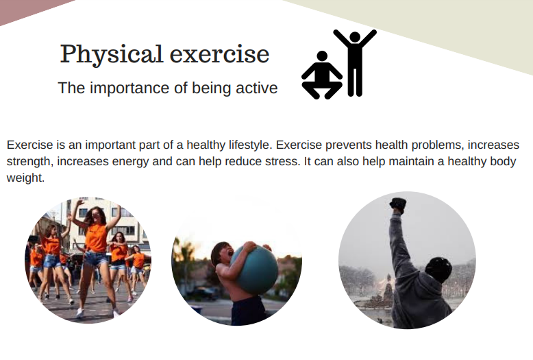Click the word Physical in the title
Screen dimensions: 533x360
[111, 54]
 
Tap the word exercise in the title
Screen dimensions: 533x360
[220, 54]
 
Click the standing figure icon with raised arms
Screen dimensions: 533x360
[355, 63]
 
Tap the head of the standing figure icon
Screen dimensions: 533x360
[355, 38]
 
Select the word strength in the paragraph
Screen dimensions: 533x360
[30, 162]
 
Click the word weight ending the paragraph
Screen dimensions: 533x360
[25, 178]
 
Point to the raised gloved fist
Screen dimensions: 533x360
[398, 205]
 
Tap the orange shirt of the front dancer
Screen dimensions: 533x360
[96, 237]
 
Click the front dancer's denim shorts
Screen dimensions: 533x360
[96, 259]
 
